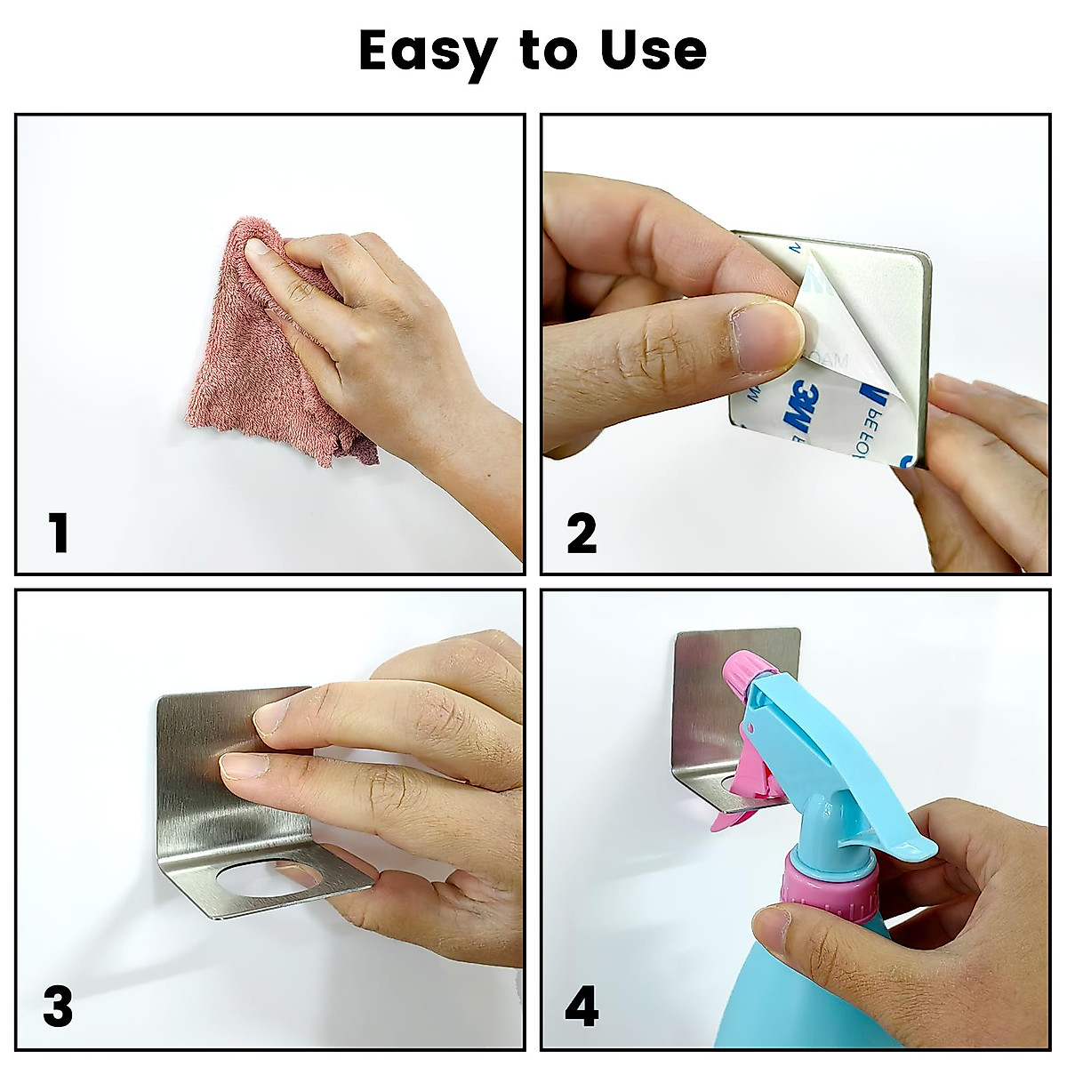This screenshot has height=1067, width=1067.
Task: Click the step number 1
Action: [59, 533]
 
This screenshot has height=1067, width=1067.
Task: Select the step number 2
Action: [582, 533]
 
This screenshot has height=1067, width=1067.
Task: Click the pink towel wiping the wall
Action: [258, 356]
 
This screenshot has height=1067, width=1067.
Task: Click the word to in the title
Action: [550, 52]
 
